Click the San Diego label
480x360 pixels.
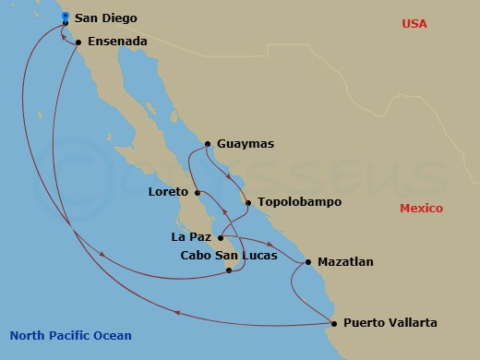pyautogui.click(x=103, y=17)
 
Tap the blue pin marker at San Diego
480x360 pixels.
pyautogui.click(x=65, y=17)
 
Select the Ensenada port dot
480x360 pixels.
pyautogui.click(x=78, y=42)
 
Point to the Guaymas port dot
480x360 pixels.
pyautogui.click(x=208, y=144)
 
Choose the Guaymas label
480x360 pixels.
pyautogui.click(x=247, y=144)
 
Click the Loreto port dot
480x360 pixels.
pyautogui.click(x=198, y=193)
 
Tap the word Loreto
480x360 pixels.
pyautogui.click(x=169, y=193)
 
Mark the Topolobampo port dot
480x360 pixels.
pyautogui.click(x=247, y=201)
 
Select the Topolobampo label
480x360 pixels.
pyautogui.click(x=299, y=201)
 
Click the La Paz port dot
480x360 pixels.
pyautogui.click(x=220, y=237)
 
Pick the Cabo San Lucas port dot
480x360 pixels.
pyautogui.click(x=229, y=270)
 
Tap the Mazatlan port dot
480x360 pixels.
pyautogui.click(x=308, y=261)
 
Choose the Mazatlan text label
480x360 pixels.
pyautogui.click(x=345, y=262)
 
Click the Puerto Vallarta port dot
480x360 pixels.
pyautogui.click(x=333, y=322)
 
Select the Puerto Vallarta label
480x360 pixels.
pyautogui.click(x=390, y=323)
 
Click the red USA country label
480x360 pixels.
pyautogui.click(x=414, y=23)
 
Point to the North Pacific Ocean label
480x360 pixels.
pyautogui.click(x=70, y=336)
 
